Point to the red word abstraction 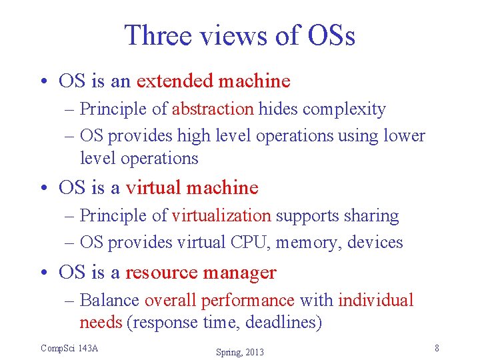click(x=213, y=109)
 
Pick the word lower click(x=404, y=135)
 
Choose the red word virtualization click(x=221, y=215)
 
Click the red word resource click(x=161, y=272)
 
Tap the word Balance click(x=109, y=300)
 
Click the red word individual click(x=376, y=300)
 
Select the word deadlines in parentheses click(x=283, y=323)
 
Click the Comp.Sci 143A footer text click(x=69, y=348)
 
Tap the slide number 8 click(x=436, y=348)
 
